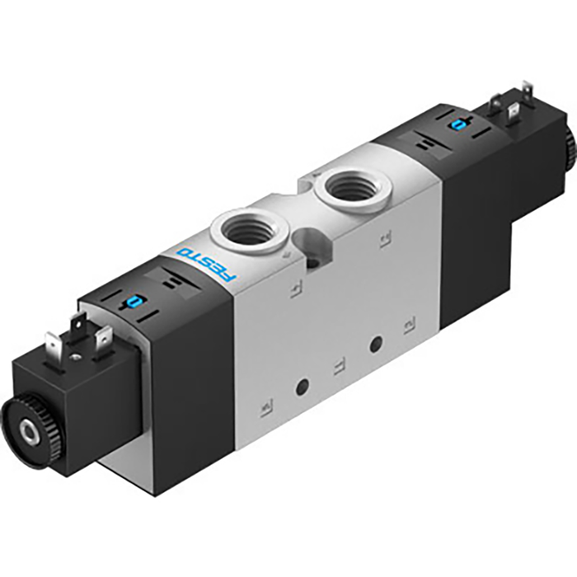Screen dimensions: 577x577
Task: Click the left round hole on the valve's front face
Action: [x=303, y=384]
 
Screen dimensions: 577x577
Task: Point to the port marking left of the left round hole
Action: [x=266, y=406]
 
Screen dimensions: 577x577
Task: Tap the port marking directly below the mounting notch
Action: [x=293, y=289]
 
